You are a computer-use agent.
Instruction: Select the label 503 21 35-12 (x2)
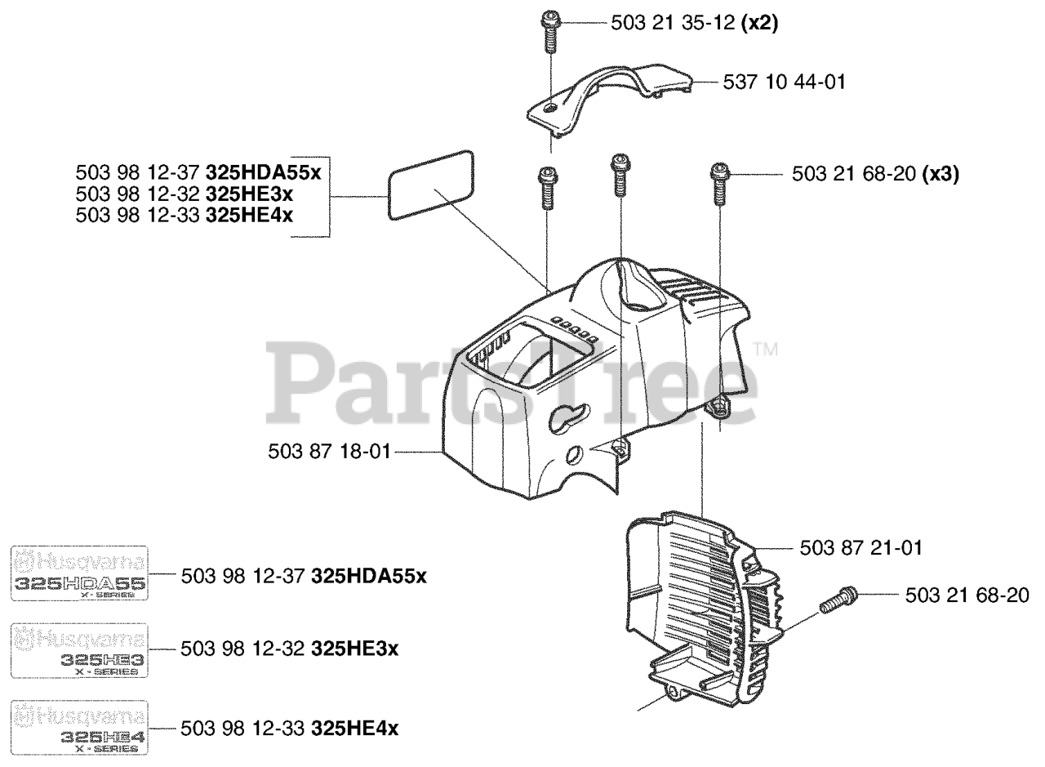(694, 24)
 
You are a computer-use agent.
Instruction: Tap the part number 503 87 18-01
(330, 450)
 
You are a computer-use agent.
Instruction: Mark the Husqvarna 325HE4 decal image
(78, 727)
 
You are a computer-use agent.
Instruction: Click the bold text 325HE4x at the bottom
(355, 728)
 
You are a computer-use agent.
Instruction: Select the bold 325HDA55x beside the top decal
(369, 576)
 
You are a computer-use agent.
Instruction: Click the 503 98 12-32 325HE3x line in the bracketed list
(184, 195)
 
